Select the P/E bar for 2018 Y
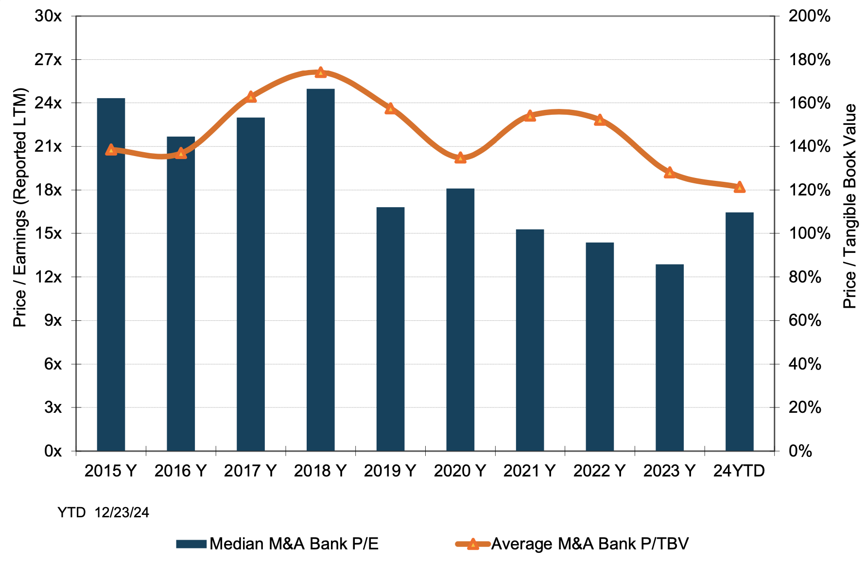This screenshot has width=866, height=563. pyautogui.click(x=320, y=270)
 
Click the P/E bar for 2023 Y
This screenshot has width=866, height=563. pyautogui.click(x=669, y=357)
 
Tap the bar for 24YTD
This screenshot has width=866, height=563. pyautogui.click(x=739, y=332)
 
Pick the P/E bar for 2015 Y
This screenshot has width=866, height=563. pyautogui.click(x=111, y=275)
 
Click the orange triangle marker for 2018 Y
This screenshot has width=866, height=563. pyautogui.click(x=320, y=72)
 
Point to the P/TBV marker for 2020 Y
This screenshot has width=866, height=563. pyautogui.click(x=460, y=158)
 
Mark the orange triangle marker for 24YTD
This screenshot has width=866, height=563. pyautogui.click(x=739, y=187)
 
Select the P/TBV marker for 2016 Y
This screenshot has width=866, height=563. pyautogui.click(x=181, y=153)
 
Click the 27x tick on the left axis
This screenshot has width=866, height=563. pyautogui.click(x=48, y=60)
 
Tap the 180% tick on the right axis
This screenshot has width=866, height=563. pyautogui.click(x=809, y=60)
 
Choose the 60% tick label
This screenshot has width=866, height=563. pyautogui.click(x=805, y=320)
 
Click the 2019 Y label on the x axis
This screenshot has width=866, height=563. pyautogui.click(x=390, y=471)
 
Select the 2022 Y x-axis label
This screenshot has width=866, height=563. pyautogui.click(x=599, y=471)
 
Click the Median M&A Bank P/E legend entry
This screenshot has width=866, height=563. pyautogui.click(x=277, y=544)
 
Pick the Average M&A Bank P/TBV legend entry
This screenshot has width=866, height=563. pyautogui.click(x=572, y=544)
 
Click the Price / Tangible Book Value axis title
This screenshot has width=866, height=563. pyautogui.click(x=849, y=206)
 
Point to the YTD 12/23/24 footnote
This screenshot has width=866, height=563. pyautogui.click(x=103, y=512)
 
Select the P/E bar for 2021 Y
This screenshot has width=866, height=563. pyautogui.click(x=530, y=340)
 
